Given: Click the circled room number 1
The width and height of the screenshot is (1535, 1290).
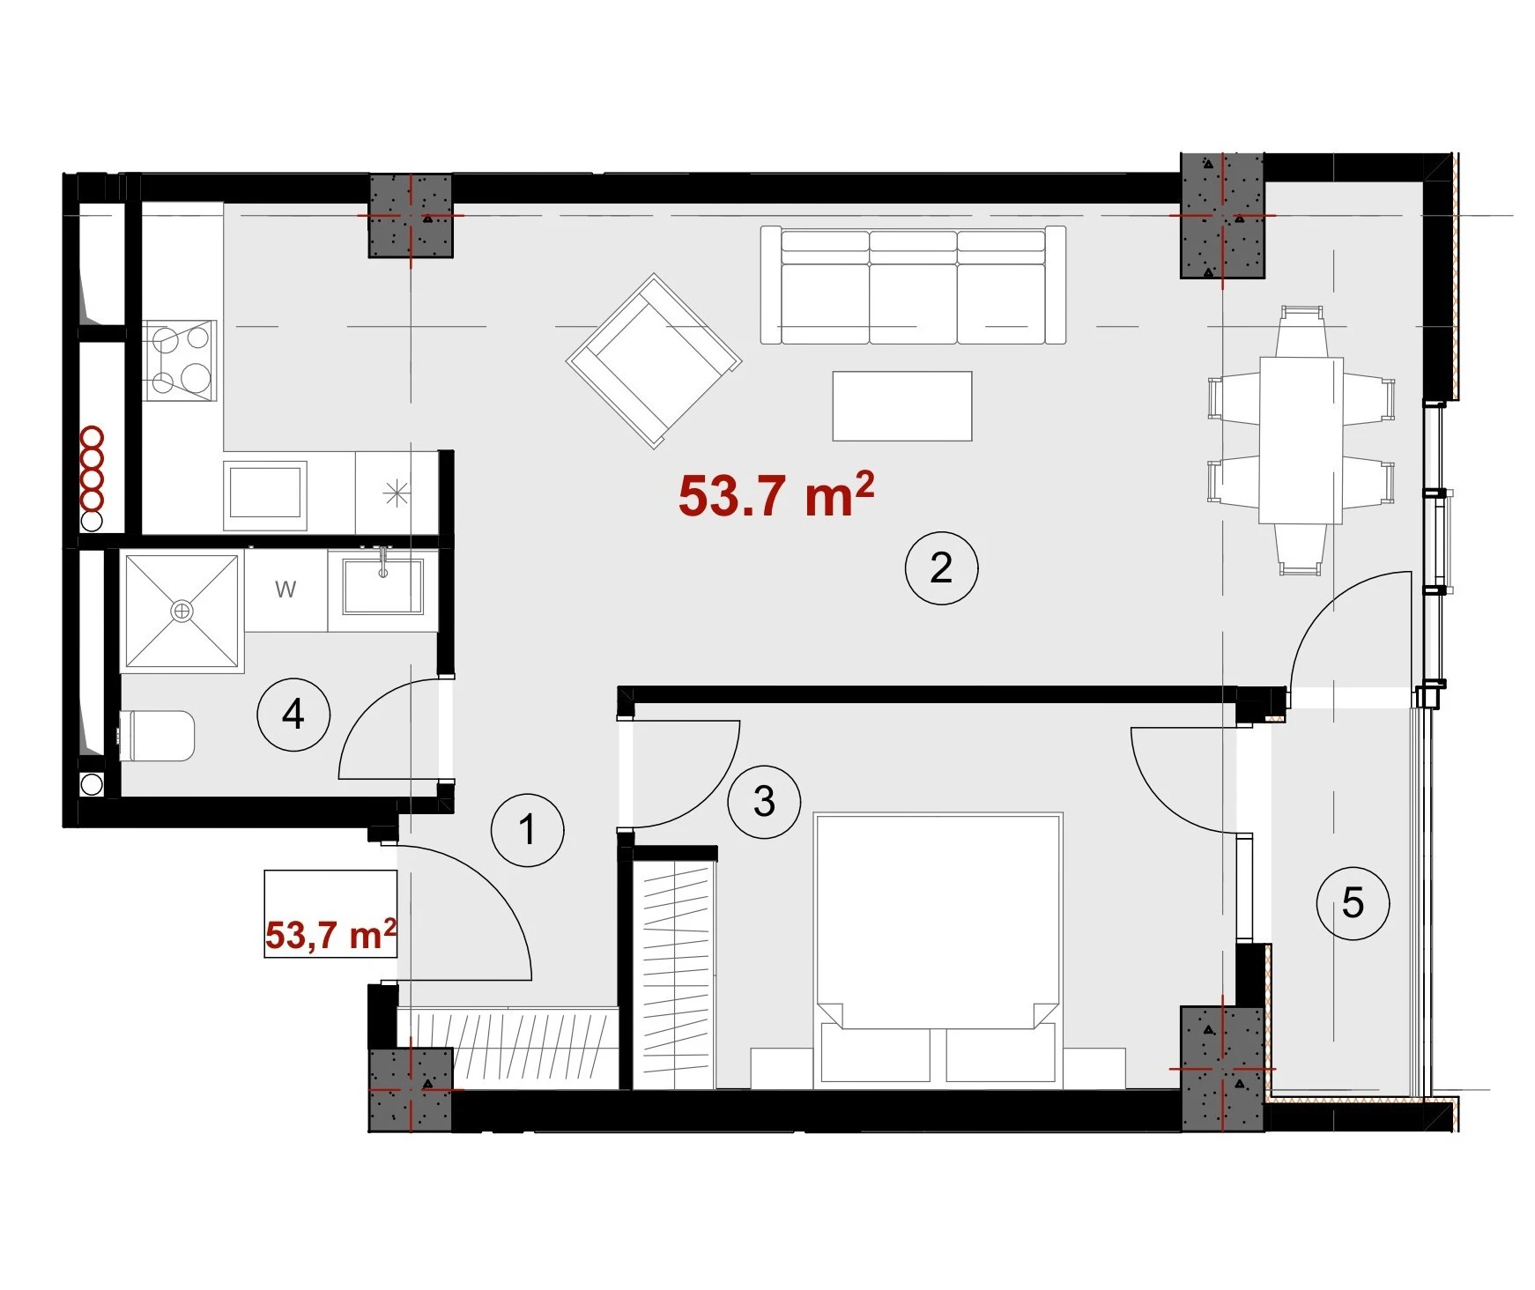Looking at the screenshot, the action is point(527,830).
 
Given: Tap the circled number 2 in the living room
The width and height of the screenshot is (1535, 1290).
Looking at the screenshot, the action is point(941,568).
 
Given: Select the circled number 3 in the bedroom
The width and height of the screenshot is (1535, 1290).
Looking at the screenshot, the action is point(764,801).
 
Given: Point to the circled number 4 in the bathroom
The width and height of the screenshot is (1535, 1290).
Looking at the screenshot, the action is point(293,714).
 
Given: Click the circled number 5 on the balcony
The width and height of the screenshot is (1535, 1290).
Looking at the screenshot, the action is point(1353,903).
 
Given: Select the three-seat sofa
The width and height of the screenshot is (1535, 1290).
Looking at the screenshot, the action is point(913,285).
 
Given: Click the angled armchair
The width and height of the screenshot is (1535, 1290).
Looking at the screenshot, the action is point(654,360).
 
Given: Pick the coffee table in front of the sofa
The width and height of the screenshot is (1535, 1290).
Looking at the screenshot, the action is point(902,405).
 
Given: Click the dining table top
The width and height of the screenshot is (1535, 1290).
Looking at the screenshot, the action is point(1301,440).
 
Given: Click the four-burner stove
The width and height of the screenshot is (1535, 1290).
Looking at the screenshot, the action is point(180,360).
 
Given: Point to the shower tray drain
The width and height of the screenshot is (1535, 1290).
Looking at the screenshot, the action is point(182,610).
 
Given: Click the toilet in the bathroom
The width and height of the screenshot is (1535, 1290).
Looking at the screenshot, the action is point(157,736).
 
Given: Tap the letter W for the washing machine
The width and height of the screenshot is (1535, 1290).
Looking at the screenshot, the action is point(285,589).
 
